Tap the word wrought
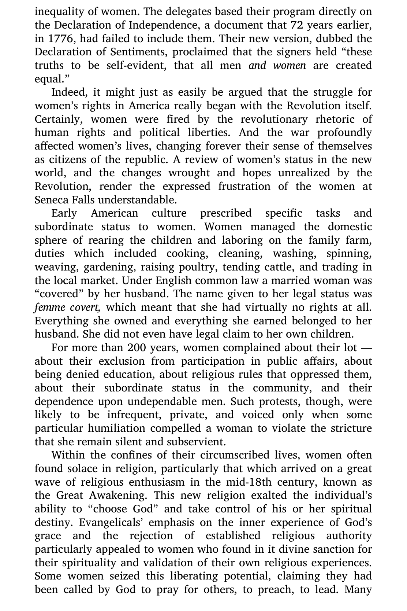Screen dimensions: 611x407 pyautogui.click(x=189, y=173)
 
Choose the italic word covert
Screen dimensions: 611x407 pyautogui.click(x=85, y=307)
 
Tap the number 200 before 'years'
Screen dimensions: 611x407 pyautogui.click(x=137, y=347)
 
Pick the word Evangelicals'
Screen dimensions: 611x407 pyautogui.click(x=112, y=522)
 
